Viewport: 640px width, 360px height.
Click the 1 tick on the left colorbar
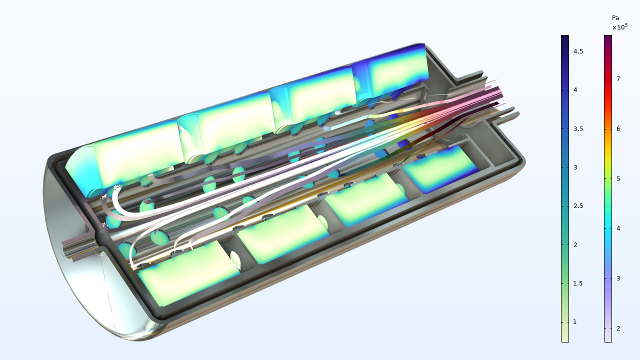click(x=575, y=322)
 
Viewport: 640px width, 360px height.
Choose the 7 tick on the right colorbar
click(x=618, y=79)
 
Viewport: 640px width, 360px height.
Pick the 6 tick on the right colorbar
click(x=618, y=129)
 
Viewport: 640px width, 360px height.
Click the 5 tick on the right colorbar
click(x=618, y=178)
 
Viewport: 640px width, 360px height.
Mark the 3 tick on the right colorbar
click(x=618, y=278)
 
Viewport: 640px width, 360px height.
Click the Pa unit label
click(x=615, y=18)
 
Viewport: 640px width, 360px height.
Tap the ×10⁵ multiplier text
click(x=619, y=27)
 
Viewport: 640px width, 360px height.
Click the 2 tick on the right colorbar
click(x=618, y=328)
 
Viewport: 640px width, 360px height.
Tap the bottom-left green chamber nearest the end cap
click(x=187, y=272)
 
